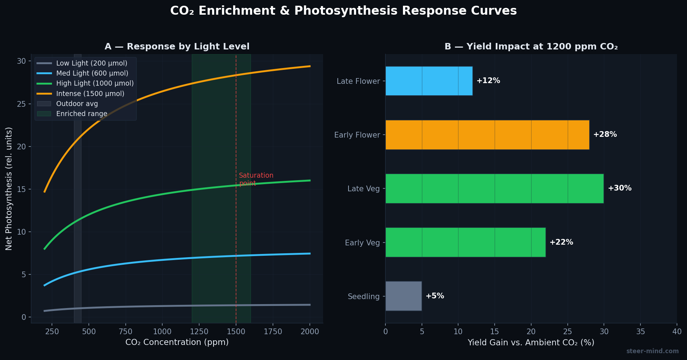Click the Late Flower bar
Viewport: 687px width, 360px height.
pos(429,81)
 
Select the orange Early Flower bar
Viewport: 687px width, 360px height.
pos(487,135)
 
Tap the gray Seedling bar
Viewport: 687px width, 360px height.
pos(403,296)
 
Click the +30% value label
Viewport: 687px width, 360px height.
pos(620,188)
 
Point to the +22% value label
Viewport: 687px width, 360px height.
pos(561,243)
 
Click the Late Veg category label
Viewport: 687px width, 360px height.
pos(363,189)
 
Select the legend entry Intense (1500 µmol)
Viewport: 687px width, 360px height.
pos(90,93)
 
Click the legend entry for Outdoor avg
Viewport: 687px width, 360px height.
pos(77,104)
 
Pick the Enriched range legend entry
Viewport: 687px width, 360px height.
pos(81,114)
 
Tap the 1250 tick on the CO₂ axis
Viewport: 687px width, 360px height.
pos(199,332)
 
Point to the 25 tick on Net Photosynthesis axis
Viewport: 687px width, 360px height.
pos(22,104)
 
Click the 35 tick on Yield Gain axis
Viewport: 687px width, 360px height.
pos(640,332)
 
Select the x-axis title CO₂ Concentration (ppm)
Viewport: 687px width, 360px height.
pos(177,342)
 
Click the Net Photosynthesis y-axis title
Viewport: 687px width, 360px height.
pos(9,188)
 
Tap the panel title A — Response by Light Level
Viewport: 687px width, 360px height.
pos(177,47)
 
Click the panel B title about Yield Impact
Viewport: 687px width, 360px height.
pos(531,47)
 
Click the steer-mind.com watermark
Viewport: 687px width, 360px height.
pos(652,351)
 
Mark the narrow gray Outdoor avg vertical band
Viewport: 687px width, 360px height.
pos(78,215)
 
